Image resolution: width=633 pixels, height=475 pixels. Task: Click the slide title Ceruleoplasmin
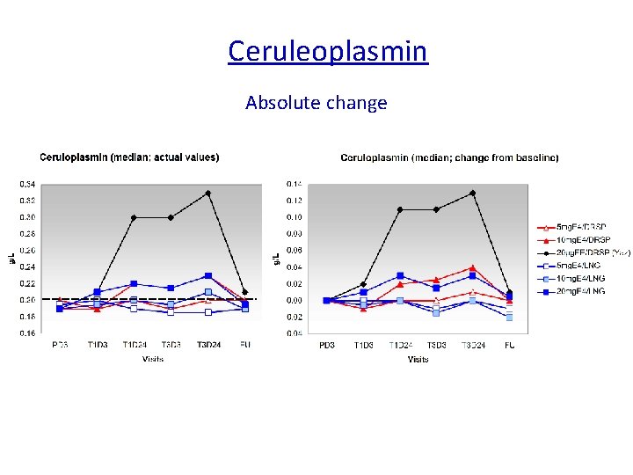click(327, 50)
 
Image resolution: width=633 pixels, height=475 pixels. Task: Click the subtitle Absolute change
click(316, 103)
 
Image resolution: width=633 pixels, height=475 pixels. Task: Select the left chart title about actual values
click(129, 157)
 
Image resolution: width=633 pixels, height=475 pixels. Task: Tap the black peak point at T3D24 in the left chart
click(207, 193)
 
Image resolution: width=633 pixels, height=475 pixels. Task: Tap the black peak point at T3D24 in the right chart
click(472, 193)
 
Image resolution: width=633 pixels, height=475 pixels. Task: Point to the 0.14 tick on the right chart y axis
click(294, 184)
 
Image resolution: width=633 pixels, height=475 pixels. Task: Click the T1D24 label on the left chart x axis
click(134, 345)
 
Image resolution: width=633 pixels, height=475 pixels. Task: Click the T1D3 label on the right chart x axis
click(362, 345)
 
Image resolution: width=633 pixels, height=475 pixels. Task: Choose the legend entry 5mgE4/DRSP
click(582, 228)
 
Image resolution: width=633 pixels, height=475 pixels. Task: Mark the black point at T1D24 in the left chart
click(134, 217)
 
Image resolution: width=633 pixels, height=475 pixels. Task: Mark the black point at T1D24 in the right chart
click(399, 209)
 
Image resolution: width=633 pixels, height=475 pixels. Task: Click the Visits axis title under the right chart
click(418, 359)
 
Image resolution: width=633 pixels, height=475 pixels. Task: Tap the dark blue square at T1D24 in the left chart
click(134, 283)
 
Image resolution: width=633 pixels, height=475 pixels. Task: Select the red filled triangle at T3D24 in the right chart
click(472, 267)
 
